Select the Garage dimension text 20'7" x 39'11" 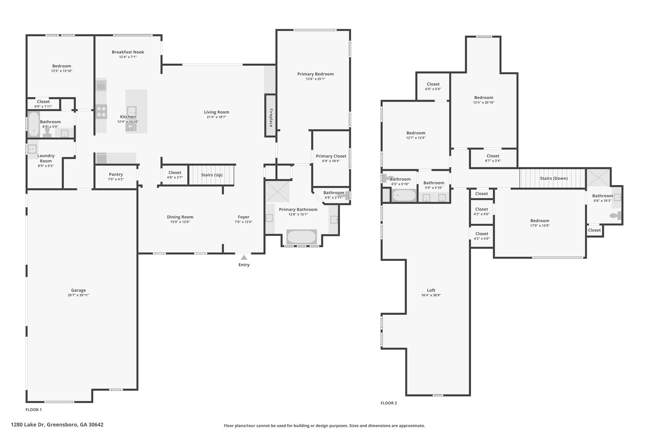coord(78,295)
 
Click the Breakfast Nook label coord(128,52)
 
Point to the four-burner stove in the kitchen coord(101,112)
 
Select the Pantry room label coord(116,174)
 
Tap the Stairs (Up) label coord(212,175)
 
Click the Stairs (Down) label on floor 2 coord(554,178)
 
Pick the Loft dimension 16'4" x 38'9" coord(431,295)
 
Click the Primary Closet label coord(331,156)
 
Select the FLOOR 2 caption coord(389,403)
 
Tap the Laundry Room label coord(46,158)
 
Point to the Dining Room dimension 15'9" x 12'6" coord(180,222)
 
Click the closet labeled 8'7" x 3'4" coord(493,158)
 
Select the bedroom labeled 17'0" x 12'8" coord(540,223)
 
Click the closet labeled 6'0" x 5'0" coord(433,86)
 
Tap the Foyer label coord(243,217)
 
